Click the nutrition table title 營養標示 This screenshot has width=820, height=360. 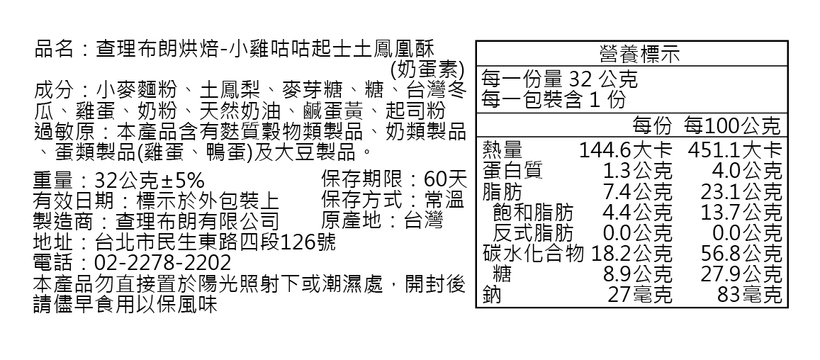point(630,54)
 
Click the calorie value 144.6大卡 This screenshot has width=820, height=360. point(624,150)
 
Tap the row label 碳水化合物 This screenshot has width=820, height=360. point(533,253)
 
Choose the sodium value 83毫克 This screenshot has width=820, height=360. point(749,294)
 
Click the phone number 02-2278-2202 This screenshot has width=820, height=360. point(163,263)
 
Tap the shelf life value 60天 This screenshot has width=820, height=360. point(445,178)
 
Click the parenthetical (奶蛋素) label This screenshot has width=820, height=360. point(427,69)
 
